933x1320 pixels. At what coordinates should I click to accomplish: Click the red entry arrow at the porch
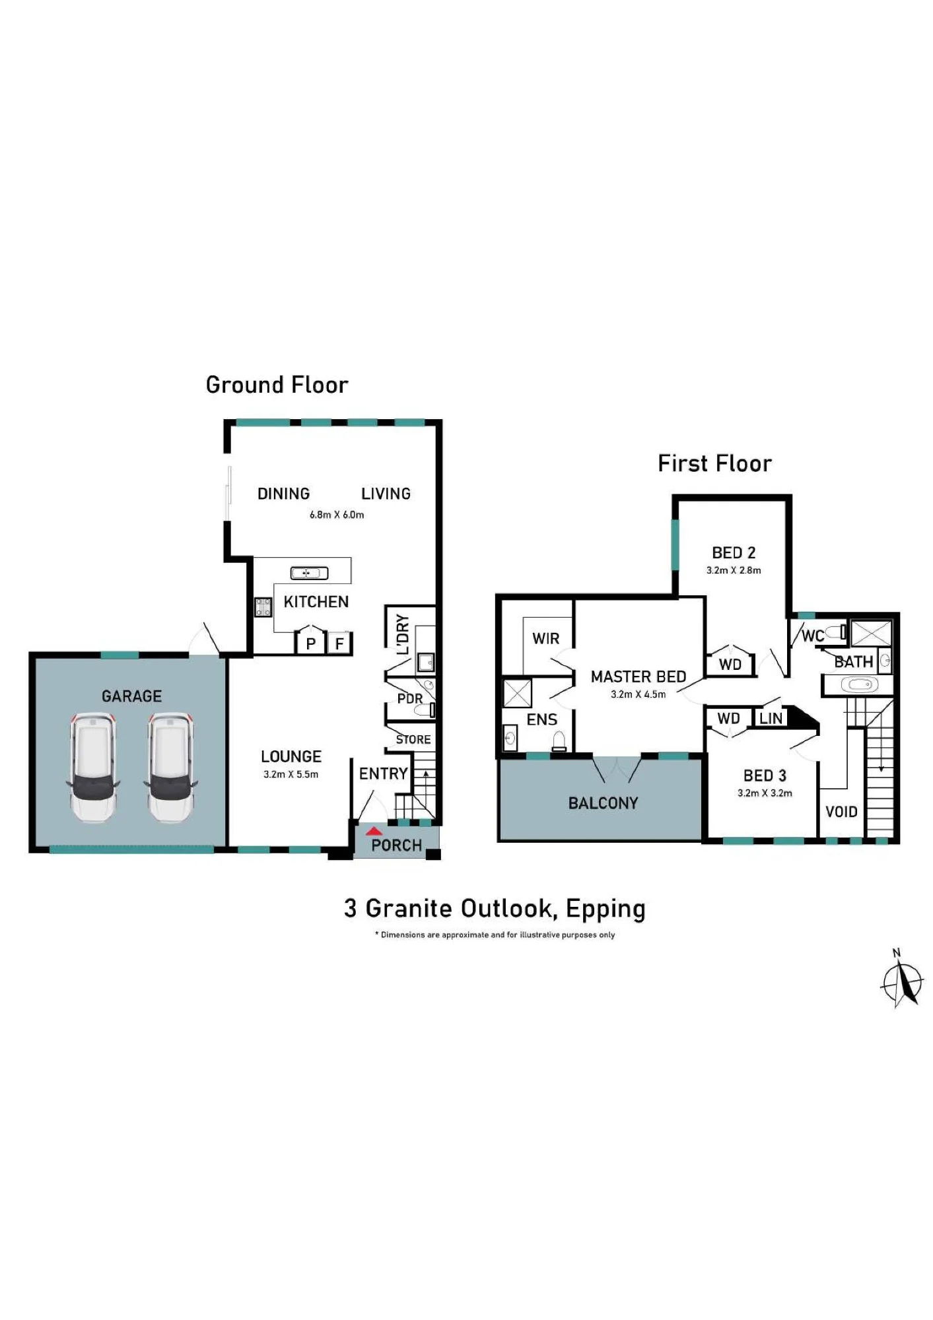[374, 831]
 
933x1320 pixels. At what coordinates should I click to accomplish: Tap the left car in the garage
[93, 768]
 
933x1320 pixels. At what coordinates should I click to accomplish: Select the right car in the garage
[171, 768]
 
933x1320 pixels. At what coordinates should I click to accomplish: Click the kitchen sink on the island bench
[309, 573]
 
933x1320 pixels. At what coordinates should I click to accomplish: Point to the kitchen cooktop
[263, 607]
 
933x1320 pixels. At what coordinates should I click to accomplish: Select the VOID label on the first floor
[841, 812]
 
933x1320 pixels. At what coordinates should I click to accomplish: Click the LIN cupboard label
[771, 718]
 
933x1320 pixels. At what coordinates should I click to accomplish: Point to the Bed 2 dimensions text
[734, 570]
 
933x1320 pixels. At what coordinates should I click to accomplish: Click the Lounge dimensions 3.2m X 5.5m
[291, 774]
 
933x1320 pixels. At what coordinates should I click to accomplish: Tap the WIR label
[545, 638]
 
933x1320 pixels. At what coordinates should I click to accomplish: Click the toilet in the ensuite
[559, 741]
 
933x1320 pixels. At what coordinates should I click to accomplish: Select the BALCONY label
[603, 803]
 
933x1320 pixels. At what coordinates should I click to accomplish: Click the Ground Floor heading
[277, 385]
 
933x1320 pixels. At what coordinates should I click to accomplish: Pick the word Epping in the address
[605, 909]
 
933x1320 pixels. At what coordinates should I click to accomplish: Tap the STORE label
[413, 740]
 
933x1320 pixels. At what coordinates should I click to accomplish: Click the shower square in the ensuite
[517, 693]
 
